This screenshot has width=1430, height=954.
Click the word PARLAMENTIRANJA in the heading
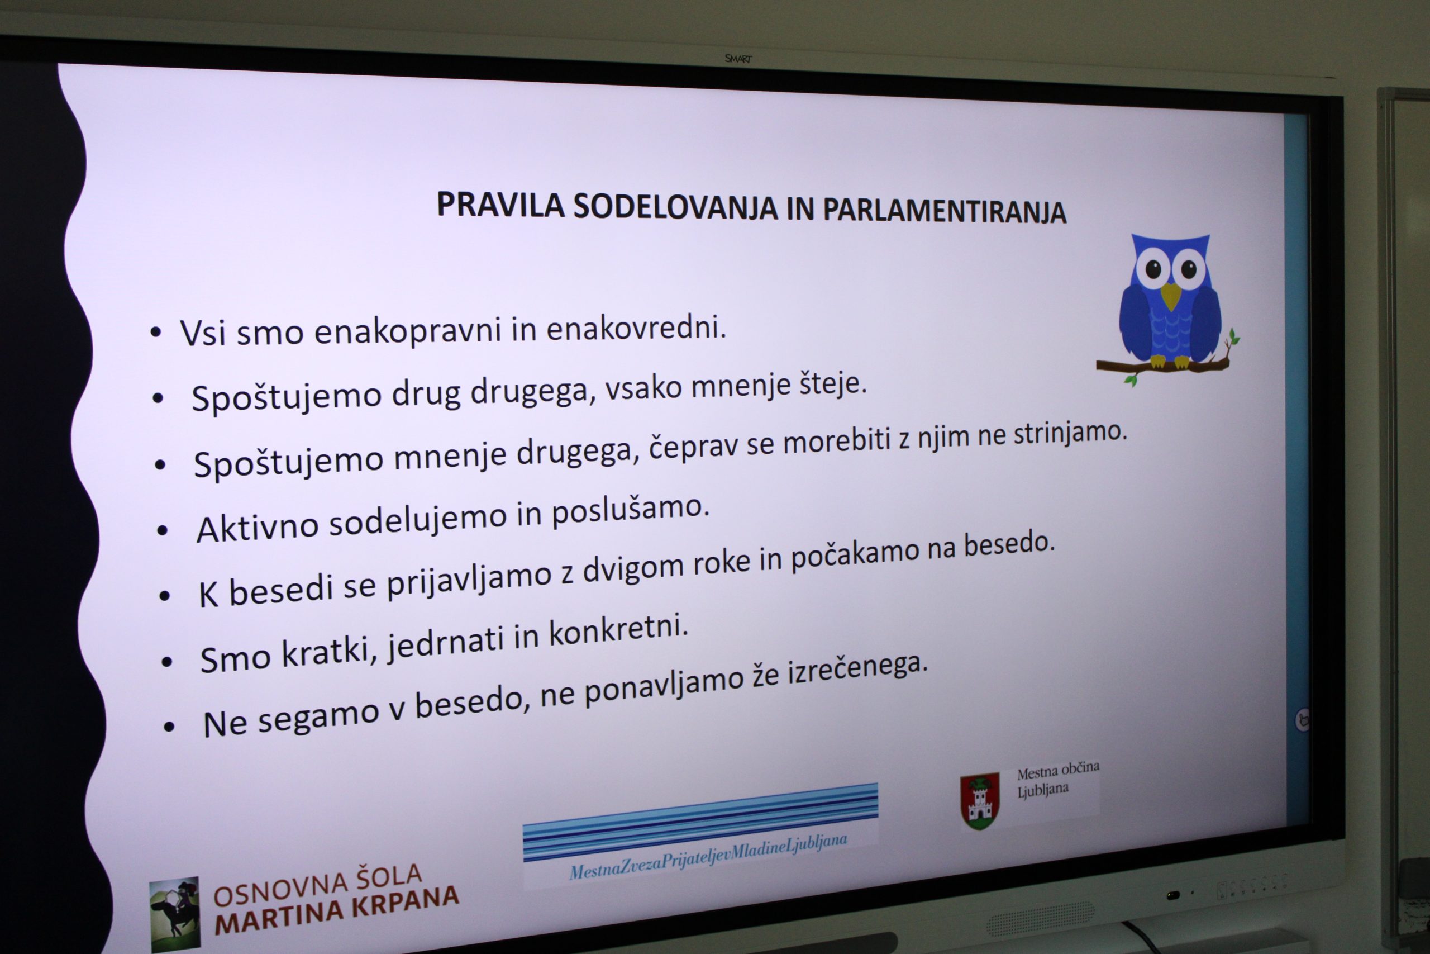pyautogui.click(x=944, y=211)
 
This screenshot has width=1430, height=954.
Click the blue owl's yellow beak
pyautogui.click(x=1170, y=295)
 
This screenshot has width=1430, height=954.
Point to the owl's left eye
pyautogui.click(x=1150, y=269)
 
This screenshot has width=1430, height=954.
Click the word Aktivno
pyautogui.click(x=257, y=528)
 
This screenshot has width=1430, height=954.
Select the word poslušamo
pyautogui.click(x=631, y=510)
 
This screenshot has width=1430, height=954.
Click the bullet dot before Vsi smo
pyautogui.click(x=156, y=332)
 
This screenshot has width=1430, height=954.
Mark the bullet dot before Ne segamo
pyautogui.click(x=169, y=726)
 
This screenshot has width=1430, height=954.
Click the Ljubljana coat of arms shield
pyautogui.click(x=979, y=801)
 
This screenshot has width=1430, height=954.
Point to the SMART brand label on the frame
pyautogui.click(x=738, y=59)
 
